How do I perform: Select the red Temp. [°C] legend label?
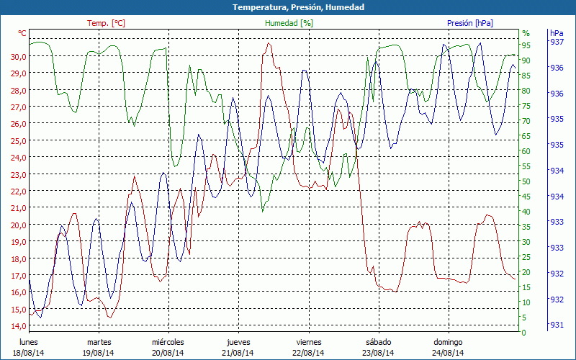106,23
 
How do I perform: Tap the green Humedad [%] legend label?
289,23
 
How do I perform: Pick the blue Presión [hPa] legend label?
469,23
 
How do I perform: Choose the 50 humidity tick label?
526,181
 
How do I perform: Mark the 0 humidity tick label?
524,332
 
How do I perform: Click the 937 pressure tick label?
557,42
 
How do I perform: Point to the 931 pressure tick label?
557,325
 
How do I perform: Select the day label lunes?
28,342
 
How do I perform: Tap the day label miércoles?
168,342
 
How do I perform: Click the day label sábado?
378,342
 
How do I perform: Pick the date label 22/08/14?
308,353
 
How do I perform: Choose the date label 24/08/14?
448,353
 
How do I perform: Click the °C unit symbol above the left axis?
22,33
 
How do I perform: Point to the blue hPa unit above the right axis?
557,33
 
